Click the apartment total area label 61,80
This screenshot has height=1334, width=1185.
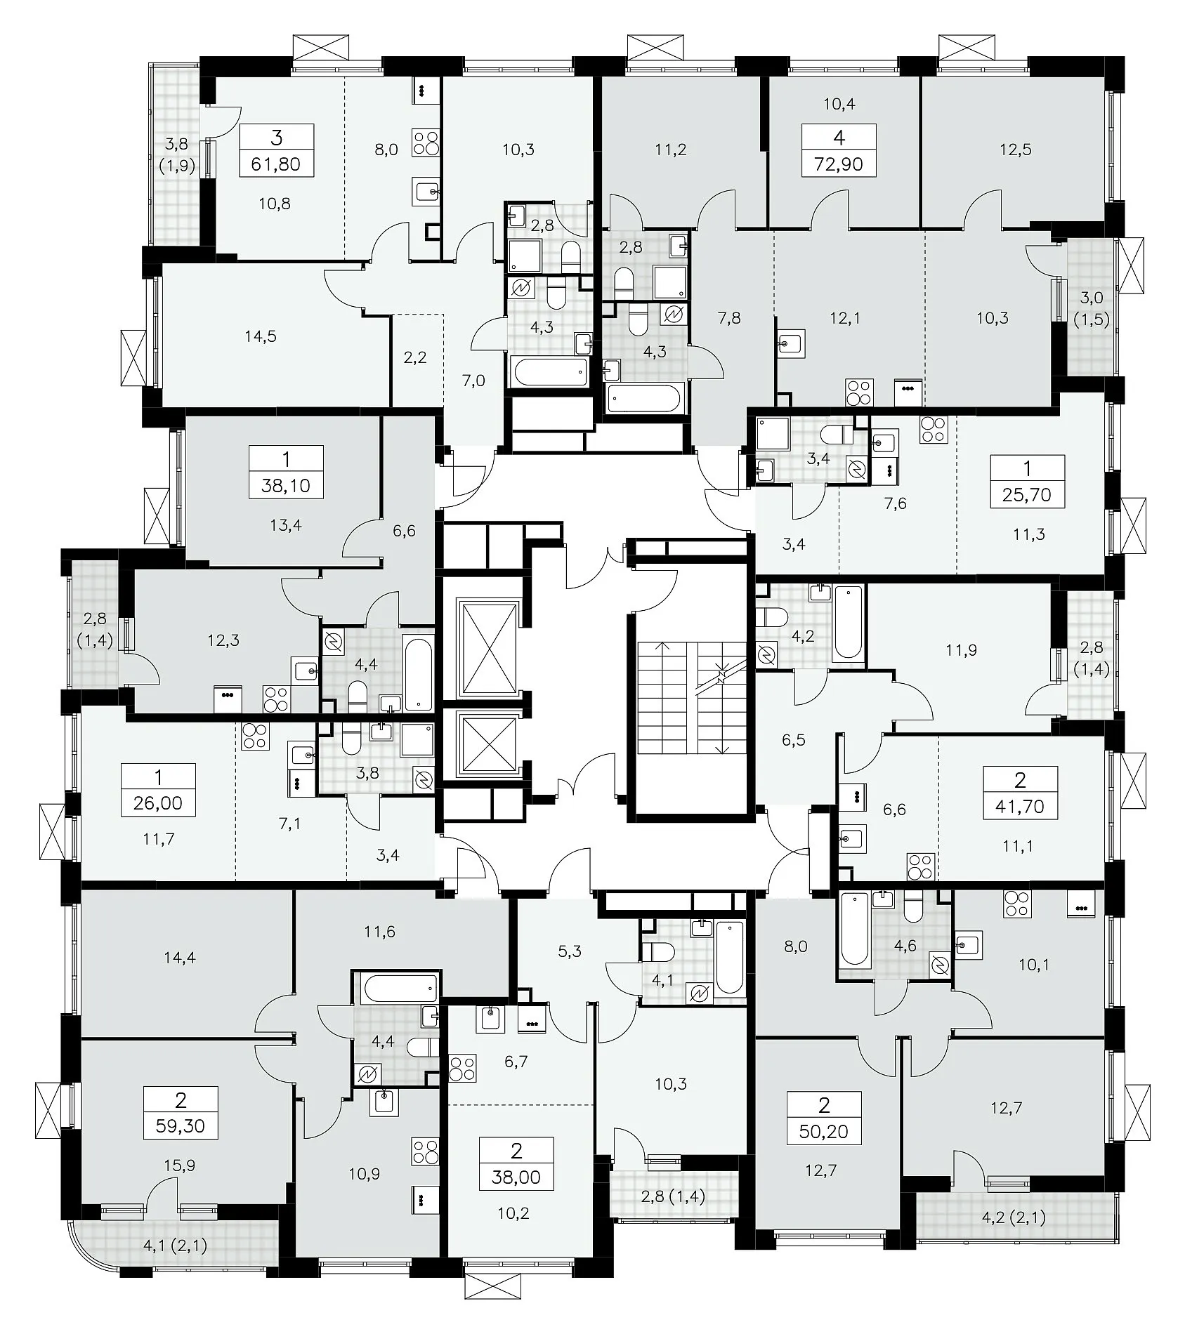click(276, 164)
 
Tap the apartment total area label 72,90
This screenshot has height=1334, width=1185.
click(839, 164)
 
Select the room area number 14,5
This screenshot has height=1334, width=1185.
click(261, 336)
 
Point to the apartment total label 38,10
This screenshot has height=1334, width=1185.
click(286, 484)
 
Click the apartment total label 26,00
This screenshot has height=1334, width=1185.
click(158, 803)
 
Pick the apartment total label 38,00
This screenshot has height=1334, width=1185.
click(517, 1177)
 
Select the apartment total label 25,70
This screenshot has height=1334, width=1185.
click(1027, 494)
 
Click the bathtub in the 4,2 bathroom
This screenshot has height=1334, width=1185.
click(849, 622)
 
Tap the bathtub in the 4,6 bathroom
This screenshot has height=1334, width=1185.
click(854, 929)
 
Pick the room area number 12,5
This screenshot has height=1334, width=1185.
click(1016, 150)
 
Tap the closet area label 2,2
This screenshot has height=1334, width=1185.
click(415, 357)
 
